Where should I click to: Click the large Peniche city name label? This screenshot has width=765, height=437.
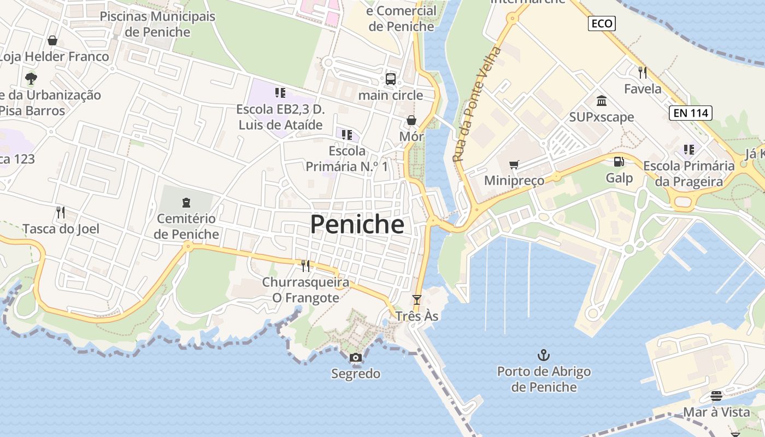[x=357, y=225]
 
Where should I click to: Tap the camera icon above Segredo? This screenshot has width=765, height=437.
[x=356, y=358]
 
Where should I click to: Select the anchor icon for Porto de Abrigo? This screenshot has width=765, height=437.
[x=543, y=356]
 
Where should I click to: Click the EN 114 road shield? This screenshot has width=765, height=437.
[x=690, y=113]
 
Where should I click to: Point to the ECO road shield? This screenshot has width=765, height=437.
[x=602, y=23]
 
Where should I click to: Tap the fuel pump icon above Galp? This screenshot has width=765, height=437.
[x=619, y=162]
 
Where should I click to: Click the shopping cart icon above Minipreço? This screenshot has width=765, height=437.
[x=514, y=164]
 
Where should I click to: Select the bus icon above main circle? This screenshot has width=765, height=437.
[x=391, y=79]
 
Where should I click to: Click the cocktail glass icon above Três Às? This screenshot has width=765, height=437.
[x=417, y=299]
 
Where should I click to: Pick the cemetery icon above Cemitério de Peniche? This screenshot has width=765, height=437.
[x=186, y=203]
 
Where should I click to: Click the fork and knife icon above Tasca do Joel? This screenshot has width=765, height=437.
[x=61, y=212]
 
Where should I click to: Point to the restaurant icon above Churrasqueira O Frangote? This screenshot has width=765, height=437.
[x=305, y=265]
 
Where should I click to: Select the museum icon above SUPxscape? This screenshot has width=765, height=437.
[x=602, y=101]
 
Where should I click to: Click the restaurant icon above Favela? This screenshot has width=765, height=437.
[x=643, y=72]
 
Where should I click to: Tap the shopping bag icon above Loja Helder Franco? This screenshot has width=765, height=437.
[x=52, y=40]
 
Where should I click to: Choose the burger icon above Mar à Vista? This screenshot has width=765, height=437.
[x=716, y=395]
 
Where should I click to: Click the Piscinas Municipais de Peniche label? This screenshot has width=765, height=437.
[x=157, y=24]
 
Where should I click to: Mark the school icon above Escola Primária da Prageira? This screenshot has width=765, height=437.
[x=688, y=149]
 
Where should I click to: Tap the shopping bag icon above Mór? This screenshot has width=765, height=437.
[x=411, y=120]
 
